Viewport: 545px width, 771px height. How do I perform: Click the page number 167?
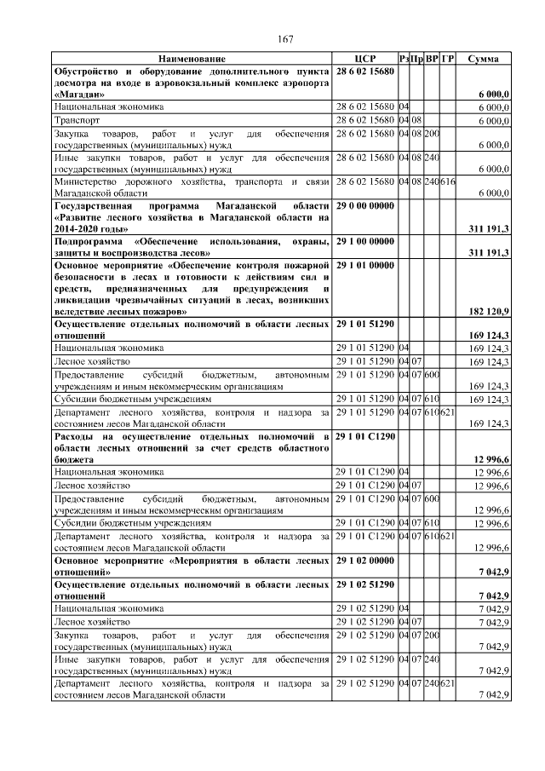[285, 40]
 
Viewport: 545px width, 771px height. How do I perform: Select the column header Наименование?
[192, 59]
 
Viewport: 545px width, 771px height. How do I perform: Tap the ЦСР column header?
[364, 59]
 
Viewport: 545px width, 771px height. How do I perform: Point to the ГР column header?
[448, 59]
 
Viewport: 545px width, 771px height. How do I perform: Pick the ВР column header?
[433, 59]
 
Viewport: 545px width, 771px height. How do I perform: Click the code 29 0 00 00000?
[366, 207]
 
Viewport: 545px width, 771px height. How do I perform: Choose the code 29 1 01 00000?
[366, 266]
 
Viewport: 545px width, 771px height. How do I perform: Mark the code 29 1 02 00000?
[366, 561]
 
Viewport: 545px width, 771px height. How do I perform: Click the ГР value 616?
[448, 182]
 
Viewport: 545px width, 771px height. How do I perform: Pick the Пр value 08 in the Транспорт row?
[417, 121]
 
